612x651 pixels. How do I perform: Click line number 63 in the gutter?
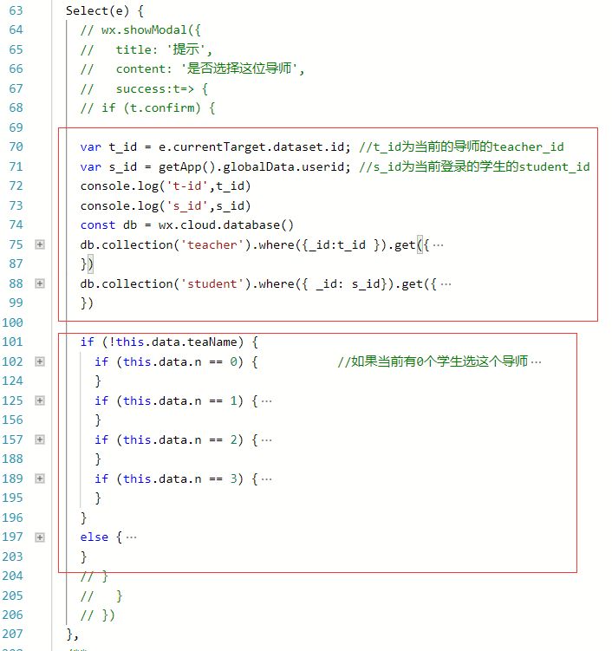point(16,10)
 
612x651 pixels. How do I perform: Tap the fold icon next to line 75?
point(40,244)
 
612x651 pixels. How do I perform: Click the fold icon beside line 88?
point(40,283)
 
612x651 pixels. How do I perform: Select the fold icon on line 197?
point(40,537)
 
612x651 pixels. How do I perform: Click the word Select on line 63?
point(87,10)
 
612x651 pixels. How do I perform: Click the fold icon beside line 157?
point(40,439)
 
